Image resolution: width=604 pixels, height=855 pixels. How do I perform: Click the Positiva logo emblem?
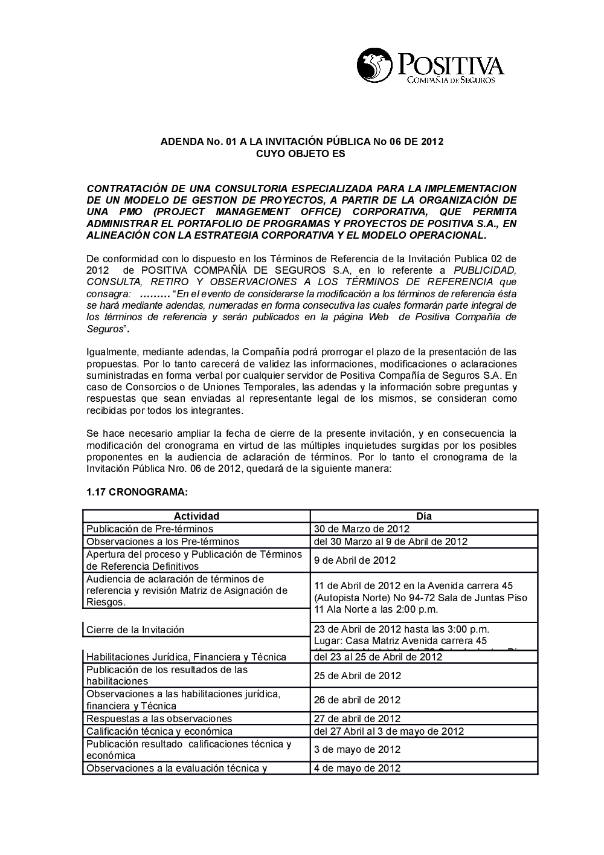coord(374,65)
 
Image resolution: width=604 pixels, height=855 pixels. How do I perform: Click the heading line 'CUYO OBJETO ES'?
coord(301,154)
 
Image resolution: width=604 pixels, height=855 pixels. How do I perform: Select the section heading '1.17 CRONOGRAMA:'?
coord(137,492)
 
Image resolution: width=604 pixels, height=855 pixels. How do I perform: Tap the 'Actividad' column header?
coord(196,516)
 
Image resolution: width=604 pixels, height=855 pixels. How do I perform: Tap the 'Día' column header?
coord(424,516)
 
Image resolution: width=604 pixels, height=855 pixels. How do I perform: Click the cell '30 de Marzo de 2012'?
coord(362,529)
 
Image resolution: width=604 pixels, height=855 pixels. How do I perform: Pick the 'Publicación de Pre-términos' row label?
coord(150,529)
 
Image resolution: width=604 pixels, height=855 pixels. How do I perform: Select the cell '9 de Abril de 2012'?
coord(355,560)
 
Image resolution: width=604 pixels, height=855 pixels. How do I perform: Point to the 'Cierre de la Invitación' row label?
coord(135,630)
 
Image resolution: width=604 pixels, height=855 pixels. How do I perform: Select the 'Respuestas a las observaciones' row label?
coord(159,718)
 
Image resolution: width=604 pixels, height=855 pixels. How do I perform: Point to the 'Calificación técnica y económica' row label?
coord(159,731)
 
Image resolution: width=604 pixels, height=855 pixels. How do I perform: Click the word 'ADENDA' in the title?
coord(180,142)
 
